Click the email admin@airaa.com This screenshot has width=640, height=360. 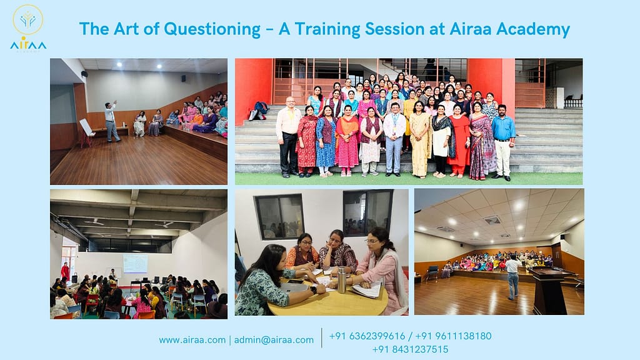point(274,340)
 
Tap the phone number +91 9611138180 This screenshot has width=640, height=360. point(453,336)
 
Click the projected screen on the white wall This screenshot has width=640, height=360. point(135,263)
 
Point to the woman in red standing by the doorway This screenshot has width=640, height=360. point(65,272)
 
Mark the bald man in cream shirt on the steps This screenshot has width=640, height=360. point(289,135)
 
